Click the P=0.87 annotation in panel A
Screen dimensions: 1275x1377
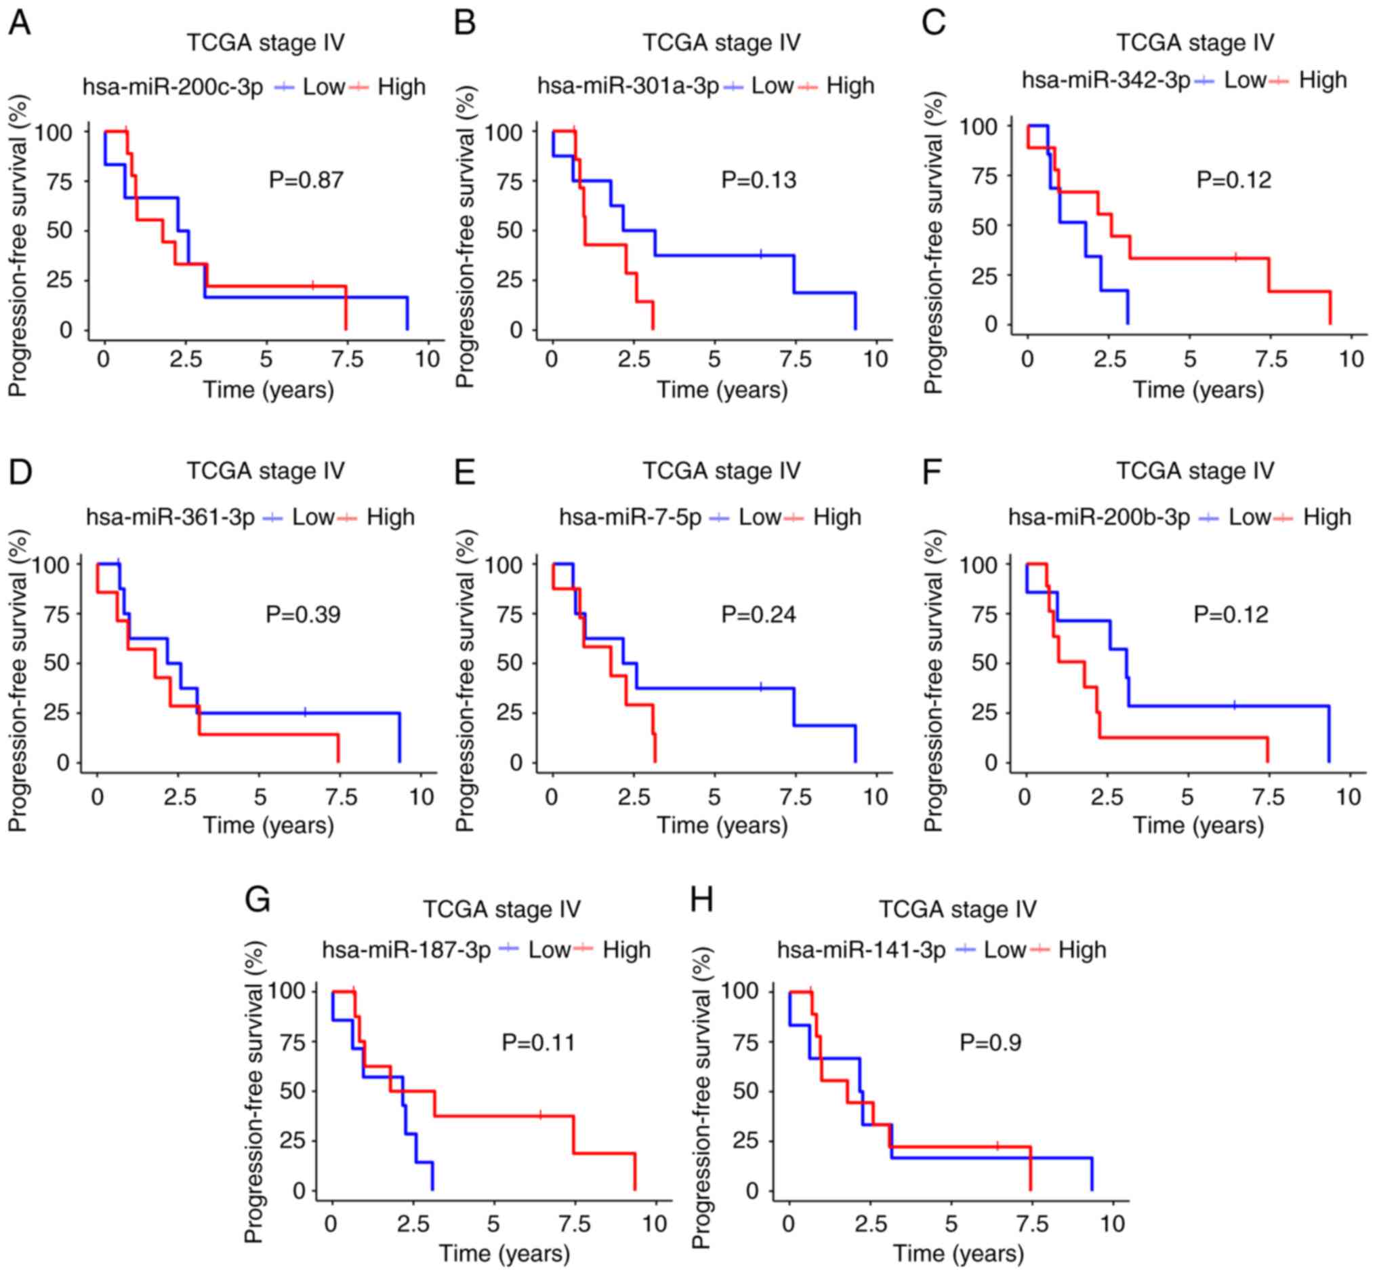[306, 180]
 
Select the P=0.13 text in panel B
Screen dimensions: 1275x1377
[758, 180]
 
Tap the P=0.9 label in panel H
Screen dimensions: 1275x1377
[990, 1042]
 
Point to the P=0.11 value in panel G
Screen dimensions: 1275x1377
[539, 1042]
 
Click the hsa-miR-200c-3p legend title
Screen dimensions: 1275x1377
[173, 87]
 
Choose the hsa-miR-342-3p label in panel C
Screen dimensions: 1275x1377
[1106, 80]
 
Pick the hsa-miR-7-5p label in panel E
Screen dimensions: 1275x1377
[630, 517]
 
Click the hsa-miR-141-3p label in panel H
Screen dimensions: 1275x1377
[861, 950]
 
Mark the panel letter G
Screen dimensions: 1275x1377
[258, 901]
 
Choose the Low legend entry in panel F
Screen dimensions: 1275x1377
[1249, 517]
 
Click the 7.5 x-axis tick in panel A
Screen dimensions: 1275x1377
[348, 359]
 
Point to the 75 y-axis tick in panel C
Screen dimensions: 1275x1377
[984, 176]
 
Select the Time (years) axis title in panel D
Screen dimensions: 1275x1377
[268, 825]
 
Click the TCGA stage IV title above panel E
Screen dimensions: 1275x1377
[722, 471]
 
